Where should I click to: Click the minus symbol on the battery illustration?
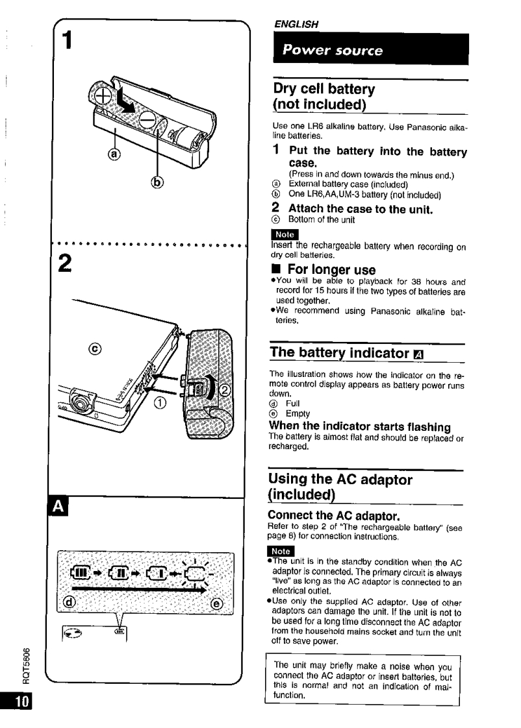[147, 120]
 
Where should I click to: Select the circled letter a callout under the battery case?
[114, 154]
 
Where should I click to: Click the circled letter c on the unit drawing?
[97, 349]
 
